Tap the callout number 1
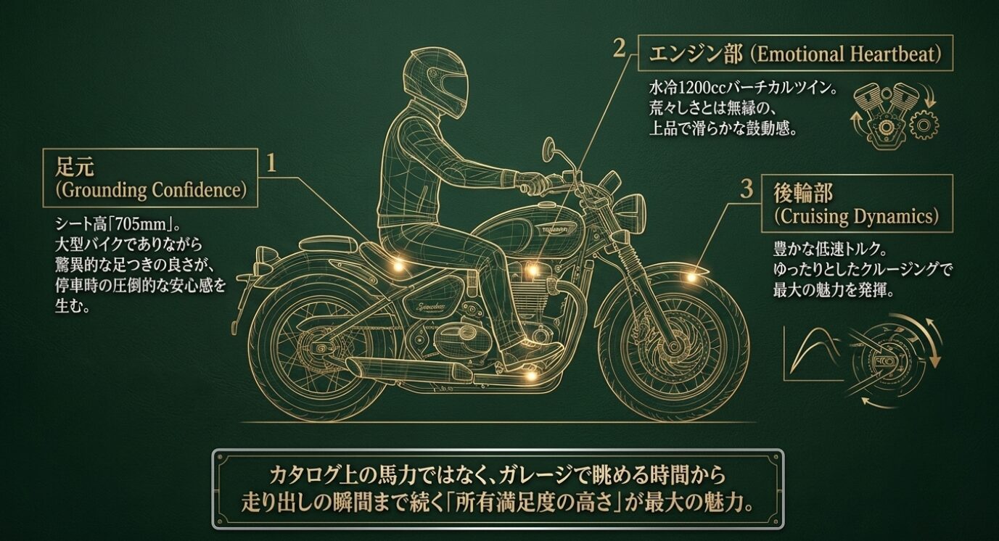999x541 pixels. pyautogui.click(x=271, y=163)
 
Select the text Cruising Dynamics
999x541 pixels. pyautogui.click(x=856, y=216)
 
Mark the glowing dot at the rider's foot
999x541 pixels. pyautogui.click(x=532, y=375)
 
